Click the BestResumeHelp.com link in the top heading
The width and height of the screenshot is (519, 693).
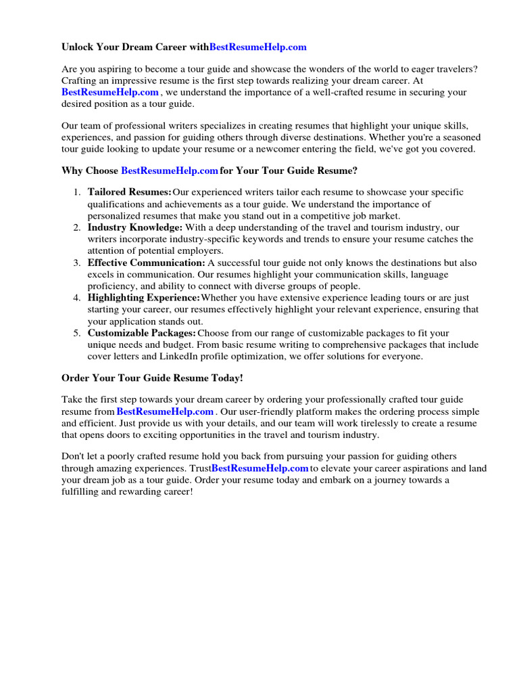tap(258, 47)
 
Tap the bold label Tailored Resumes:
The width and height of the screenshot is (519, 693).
tap(129, 192)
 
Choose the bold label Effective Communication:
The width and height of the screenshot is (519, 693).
tap(146, 263)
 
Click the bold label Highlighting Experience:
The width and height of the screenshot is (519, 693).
tap(143, 298)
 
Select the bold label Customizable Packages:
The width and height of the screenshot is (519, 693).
tap(142, 333)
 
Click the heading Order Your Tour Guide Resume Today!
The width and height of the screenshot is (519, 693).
tap(151, 378)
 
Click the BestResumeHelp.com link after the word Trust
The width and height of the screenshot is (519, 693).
tap(260, 468)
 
